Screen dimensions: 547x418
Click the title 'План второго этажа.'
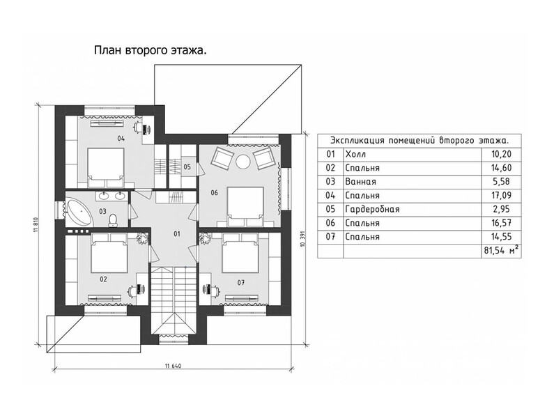(151, 51)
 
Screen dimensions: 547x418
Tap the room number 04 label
(121, 139)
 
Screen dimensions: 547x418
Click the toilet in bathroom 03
(113, 220)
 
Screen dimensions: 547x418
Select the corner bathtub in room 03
(80, 212)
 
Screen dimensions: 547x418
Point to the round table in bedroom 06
(242, 162)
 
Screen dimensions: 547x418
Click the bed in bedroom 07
(240, 253)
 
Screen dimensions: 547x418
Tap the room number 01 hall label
(177, 234)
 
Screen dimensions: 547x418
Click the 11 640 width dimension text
(173, 366)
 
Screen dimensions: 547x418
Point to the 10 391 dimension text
(302, 238)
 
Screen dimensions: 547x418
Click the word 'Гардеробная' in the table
(372, 210)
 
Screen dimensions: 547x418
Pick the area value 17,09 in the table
(501, 195)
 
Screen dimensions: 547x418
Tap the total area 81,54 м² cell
(500, 251)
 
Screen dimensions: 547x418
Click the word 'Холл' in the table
(355, 154)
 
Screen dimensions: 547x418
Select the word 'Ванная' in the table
(361, 182)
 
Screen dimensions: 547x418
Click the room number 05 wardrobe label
(187, 167)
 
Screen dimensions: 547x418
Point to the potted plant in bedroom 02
(142, 238)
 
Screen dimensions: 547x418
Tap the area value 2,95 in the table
(502, 210)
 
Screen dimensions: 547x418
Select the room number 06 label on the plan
(214, 192)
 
